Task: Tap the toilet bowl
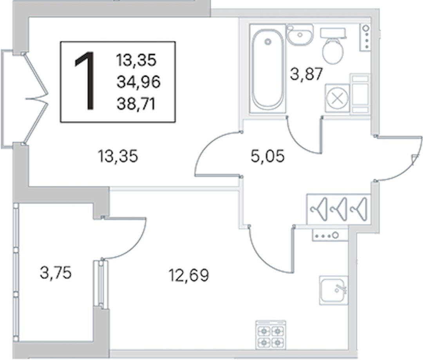[x=333, y=46]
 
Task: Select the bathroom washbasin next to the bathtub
[x=300, y=34]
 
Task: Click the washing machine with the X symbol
[x=337, y=98]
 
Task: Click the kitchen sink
[x=333, y=290]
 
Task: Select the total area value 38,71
[x=136, y=104]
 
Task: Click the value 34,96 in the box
[x=138, y=82]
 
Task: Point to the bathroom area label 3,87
[x=306, y=74]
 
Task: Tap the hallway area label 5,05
[x=268, y=156]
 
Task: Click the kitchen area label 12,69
[x=189, y=275]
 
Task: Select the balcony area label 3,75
[x=56, y=273]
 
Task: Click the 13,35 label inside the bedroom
[x=118, y=156]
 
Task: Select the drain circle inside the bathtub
[x=268, y=42]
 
